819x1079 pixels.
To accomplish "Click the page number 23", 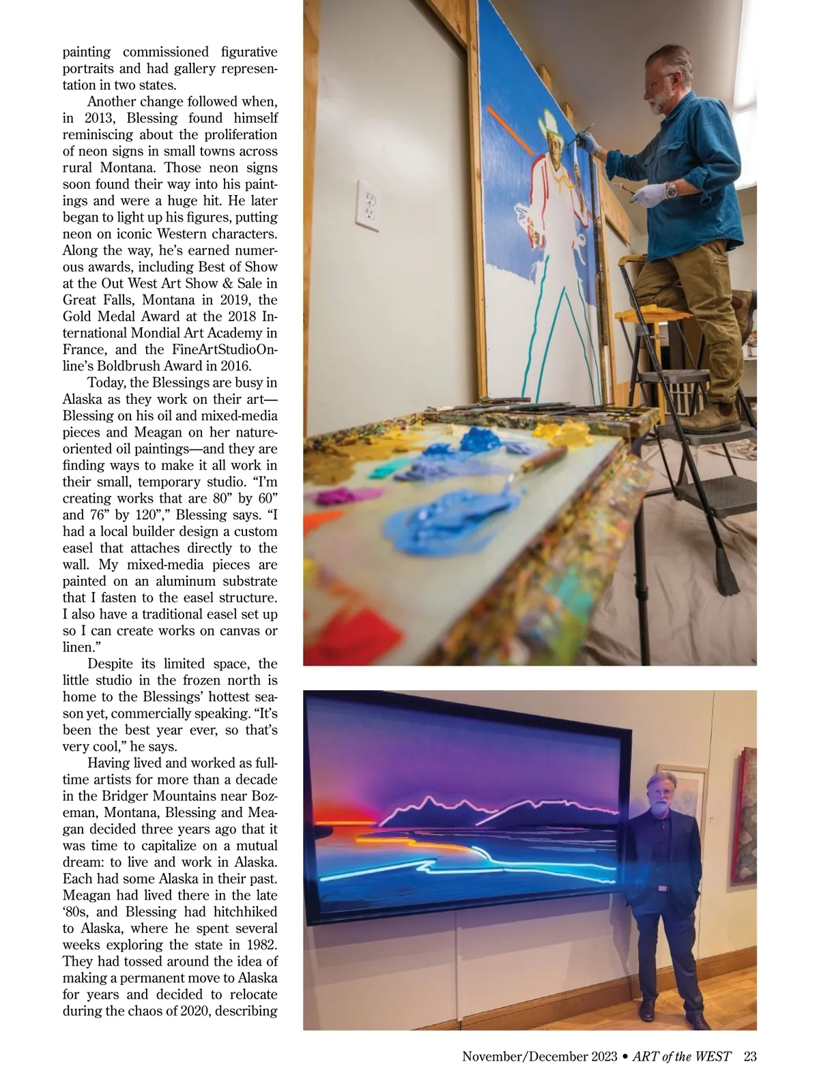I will click(x=750, y=1056).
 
